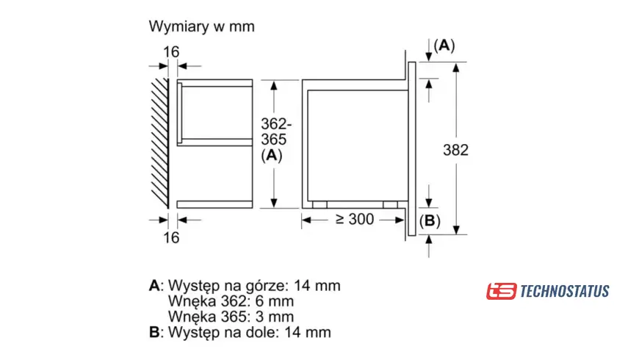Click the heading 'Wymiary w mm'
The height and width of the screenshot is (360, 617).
point(201,27)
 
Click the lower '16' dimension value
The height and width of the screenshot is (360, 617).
point(171,237)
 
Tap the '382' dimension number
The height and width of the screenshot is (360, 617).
point(455,150)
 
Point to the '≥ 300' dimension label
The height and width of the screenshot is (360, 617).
point(356,219)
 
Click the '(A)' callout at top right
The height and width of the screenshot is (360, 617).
point(444,46)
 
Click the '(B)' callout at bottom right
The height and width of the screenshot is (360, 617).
point(430,221)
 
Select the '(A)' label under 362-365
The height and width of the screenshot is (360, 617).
point(272,155)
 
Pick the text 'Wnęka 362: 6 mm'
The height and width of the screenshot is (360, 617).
point(231,301)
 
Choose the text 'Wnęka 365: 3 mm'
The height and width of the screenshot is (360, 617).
point(231,317)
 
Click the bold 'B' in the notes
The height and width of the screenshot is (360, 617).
point(154,333)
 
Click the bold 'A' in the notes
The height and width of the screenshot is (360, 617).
point(154,285)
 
